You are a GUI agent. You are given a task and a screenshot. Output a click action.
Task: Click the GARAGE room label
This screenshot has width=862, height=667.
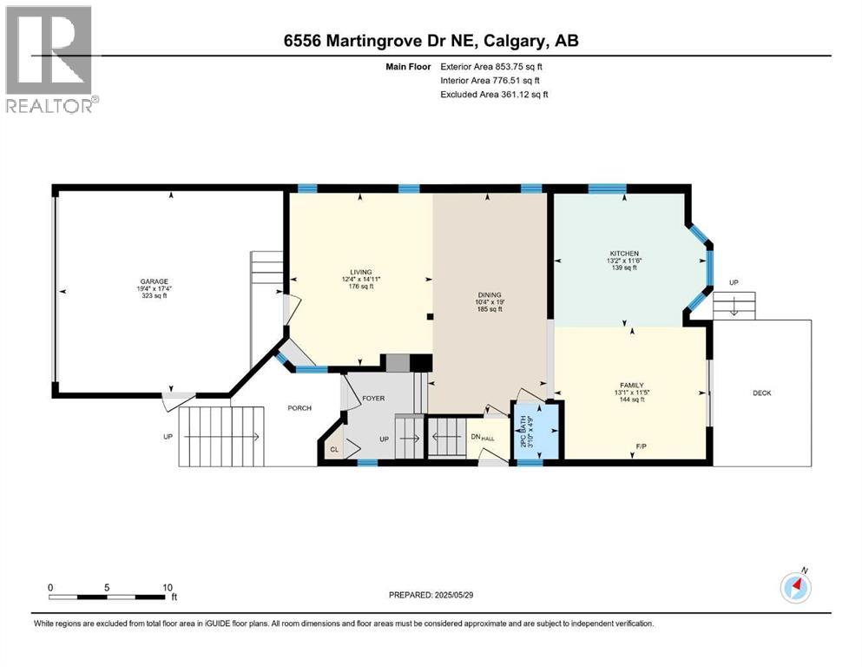(x=155, y=281)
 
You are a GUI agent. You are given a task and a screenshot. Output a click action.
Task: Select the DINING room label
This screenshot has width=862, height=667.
(x=490, y=294)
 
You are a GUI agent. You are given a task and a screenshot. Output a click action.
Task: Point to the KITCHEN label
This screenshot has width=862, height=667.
(x=622, y=253)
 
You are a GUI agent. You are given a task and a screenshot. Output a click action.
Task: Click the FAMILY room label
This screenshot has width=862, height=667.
(x=630, y=385)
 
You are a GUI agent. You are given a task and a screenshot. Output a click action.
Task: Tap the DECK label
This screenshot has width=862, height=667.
(x=761, y=393)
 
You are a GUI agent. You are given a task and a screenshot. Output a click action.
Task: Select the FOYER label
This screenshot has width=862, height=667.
(x=373, y=399)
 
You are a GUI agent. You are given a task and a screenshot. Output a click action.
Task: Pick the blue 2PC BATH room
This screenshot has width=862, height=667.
(x=530, y=430)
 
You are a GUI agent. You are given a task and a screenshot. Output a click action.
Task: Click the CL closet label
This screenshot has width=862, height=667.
(x=334, y=449)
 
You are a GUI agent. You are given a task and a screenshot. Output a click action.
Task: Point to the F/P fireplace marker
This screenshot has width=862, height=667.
(x=641, y=446)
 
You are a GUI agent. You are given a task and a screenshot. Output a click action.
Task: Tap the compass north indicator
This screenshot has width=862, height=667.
(x=795, y=587)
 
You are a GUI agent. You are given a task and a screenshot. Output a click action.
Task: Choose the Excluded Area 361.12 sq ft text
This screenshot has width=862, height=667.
(x=494, y=94)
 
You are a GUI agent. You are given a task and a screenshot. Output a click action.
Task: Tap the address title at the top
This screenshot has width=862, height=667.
(x=431, y=41)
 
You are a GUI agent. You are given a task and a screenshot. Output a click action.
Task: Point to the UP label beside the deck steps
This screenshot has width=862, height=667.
(x=734, y=283)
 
